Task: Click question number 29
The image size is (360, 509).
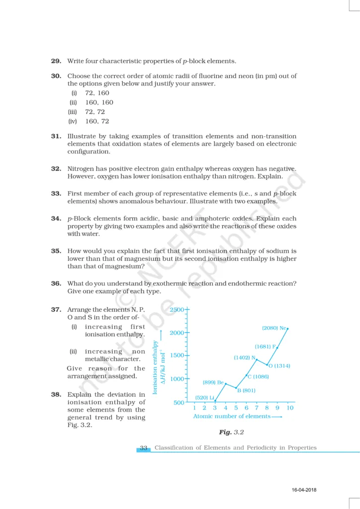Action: [x=56, y=61]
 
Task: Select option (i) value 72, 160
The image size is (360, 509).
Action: [x=97, y=93]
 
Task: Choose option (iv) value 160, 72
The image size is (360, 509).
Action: [x=97, y=121]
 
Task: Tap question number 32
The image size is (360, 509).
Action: [x=56, y=169]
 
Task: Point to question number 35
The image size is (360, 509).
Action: [x=56, y=251]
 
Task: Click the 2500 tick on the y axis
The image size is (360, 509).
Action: [x=178, y=310]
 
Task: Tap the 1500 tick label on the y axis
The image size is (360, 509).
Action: [x=178, y=355]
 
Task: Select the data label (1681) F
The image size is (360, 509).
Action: [x=265, y=346]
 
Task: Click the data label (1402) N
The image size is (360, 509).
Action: [x=244, y=357]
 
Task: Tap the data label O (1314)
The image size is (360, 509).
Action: [x=279, y=366]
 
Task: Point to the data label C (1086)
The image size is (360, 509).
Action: [x=258, y=377]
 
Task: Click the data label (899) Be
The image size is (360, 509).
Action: [x=213, y=382]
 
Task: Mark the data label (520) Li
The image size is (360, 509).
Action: [x=204, y=397]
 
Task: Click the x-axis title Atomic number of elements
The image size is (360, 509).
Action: [x=232, y=416]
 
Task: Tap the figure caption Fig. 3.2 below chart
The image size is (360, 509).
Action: [x=232, y=432]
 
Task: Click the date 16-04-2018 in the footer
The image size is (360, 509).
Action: [x=304, y=491]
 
